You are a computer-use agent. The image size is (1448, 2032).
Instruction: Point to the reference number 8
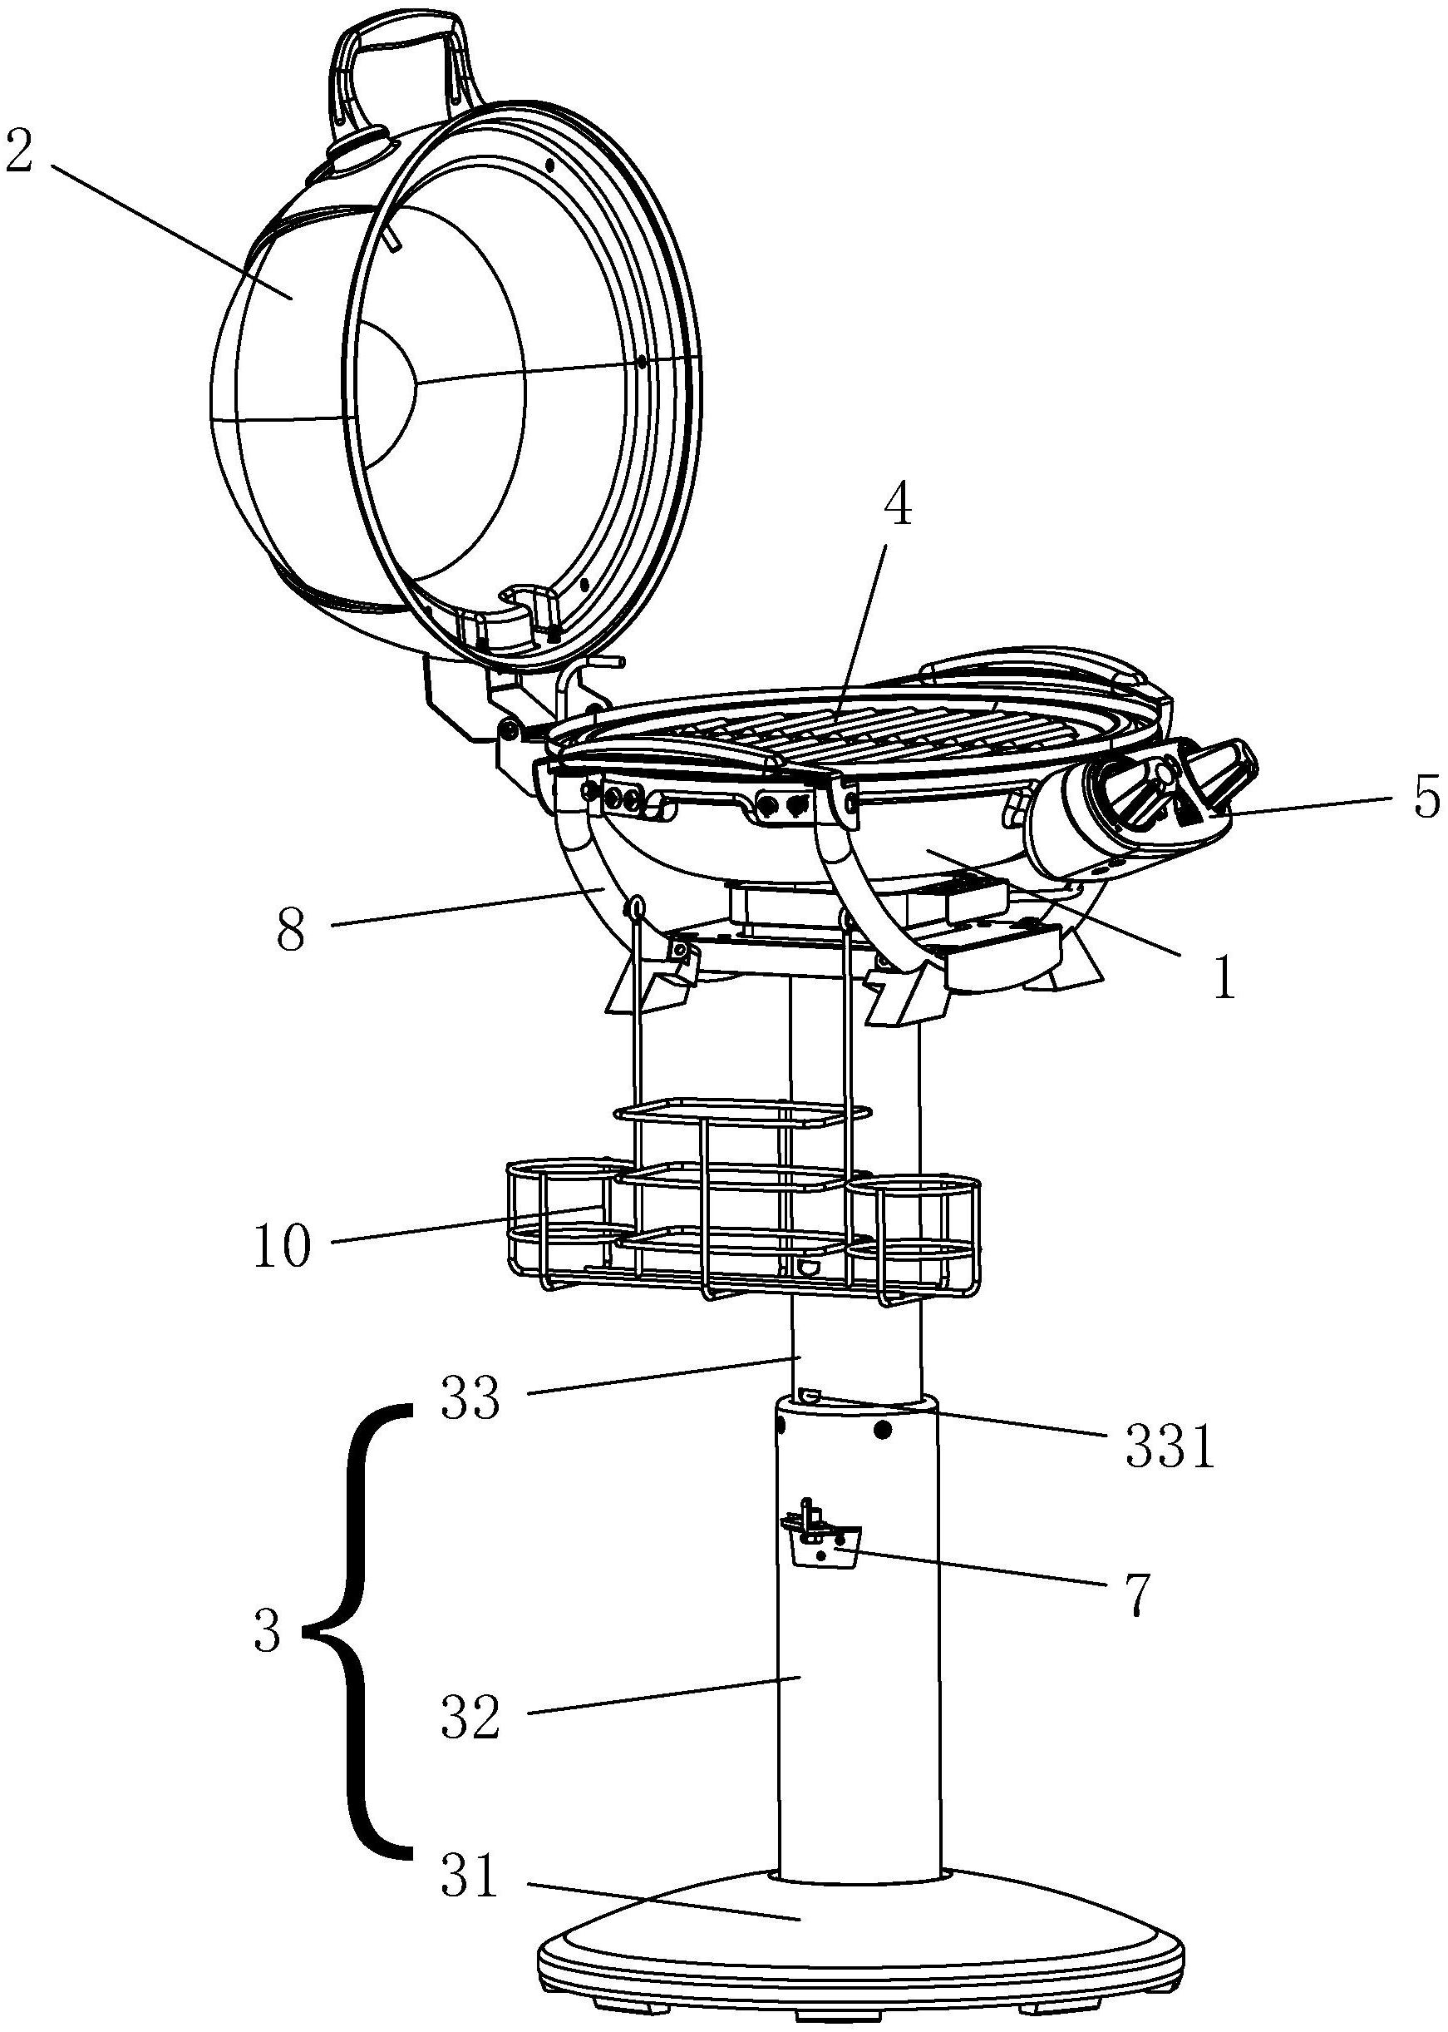[x=291, y=929]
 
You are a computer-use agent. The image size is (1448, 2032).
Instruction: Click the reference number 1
[x=1225, y=977]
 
